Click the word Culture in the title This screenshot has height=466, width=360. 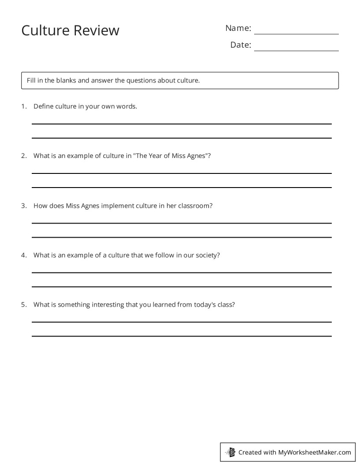tap(45, 30)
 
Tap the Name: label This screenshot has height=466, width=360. tap(238, 28)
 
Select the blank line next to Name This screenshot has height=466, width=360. tap(296, 34)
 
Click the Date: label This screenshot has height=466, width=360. tap(240, 45)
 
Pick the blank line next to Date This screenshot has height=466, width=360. tap(296, 51)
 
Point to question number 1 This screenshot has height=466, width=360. tap(24, 106)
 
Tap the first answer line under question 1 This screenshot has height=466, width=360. tap(181, 124)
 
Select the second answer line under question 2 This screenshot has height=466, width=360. tap(181, 188)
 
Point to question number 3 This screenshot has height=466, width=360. tap(24, 206)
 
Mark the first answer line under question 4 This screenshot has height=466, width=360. tap(181, 273)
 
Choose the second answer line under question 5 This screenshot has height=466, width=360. tap(181, 336)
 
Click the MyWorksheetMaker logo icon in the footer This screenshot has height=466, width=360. tap(230, 452)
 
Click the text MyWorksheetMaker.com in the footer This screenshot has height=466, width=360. tap(315, 452)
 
